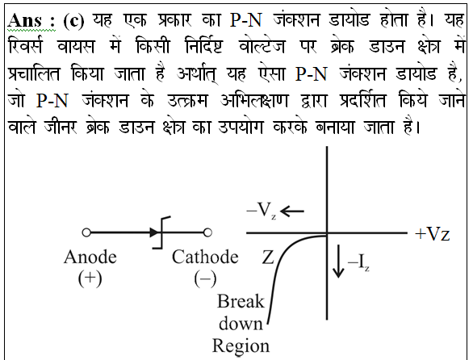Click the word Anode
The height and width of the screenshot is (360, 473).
(90, 257)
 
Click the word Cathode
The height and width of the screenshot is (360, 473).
(205, 257)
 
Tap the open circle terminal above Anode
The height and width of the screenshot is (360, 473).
(86, 232)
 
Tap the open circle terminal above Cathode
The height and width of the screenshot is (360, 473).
(207, 232)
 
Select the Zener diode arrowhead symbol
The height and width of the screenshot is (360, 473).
(154, 232)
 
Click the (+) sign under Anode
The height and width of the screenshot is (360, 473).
(90, 278)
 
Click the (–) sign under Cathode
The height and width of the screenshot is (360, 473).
(205, 278)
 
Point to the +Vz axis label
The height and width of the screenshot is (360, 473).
(433, 234)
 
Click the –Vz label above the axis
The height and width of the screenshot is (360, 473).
(262, 210)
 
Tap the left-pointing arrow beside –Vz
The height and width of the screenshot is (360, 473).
(292, 211)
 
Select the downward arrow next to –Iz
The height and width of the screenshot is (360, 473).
(338, 261)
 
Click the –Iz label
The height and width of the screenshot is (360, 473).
(358, 262)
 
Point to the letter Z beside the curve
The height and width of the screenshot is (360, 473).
(267, 257)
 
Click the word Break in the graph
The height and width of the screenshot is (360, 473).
(241, 301)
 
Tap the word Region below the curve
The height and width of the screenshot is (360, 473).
(241, 346)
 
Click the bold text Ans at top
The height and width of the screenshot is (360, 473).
(25, 20)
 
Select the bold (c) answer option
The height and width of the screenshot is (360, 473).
(73, 21)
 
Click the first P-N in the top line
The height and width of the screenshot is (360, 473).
(246, 20)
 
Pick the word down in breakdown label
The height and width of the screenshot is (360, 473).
(241, 324)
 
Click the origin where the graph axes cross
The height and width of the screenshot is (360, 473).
(327, 233)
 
